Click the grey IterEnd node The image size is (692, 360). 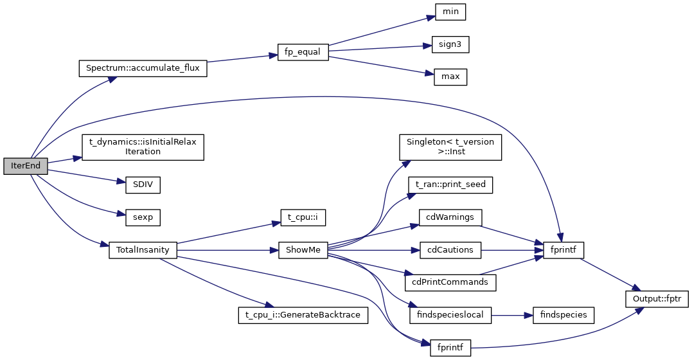(x=26, y=166)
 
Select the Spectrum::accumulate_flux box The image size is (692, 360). (x=142, y=68)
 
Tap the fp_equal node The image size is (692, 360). (x=303, y=53)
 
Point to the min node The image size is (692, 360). (x=450, y=12)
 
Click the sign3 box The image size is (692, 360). (x=450, y=44)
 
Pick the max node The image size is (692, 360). (x=450, y=77)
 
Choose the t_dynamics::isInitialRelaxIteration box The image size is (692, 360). (x=142, y=147)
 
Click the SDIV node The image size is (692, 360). (x=138, y=184)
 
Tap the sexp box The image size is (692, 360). (x=138, y=217)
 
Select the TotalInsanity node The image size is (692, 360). (x=142, y=250)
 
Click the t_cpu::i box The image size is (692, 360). (x=303, y=217)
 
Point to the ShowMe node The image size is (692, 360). (x=303, y=250)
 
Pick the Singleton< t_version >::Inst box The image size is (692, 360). (x=450, y=147)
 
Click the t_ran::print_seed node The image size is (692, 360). (x=450, y=184)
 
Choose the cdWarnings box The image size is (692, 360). (x=450, y=217)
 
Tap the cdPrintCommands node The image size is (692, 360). (x=450, y=282)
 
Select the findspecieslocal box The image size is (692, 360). (x=450, y=315)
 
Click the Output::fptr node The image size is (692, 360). (x=657, y=299)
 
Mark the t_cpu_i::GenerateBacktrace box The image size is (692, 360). (x=303, y=315)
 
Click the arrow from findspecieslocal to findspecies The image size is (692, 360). (x=511, y=315)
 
